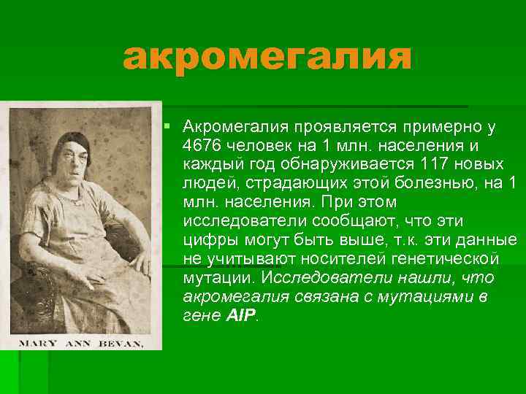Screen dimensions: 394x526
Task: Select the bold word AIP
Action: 242,316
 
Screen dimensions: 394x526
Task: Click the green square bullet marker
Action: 168,127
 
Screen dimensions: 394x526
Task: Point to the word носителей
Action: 336,259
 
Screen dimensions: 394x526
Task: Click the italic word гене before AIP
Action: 201,316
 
